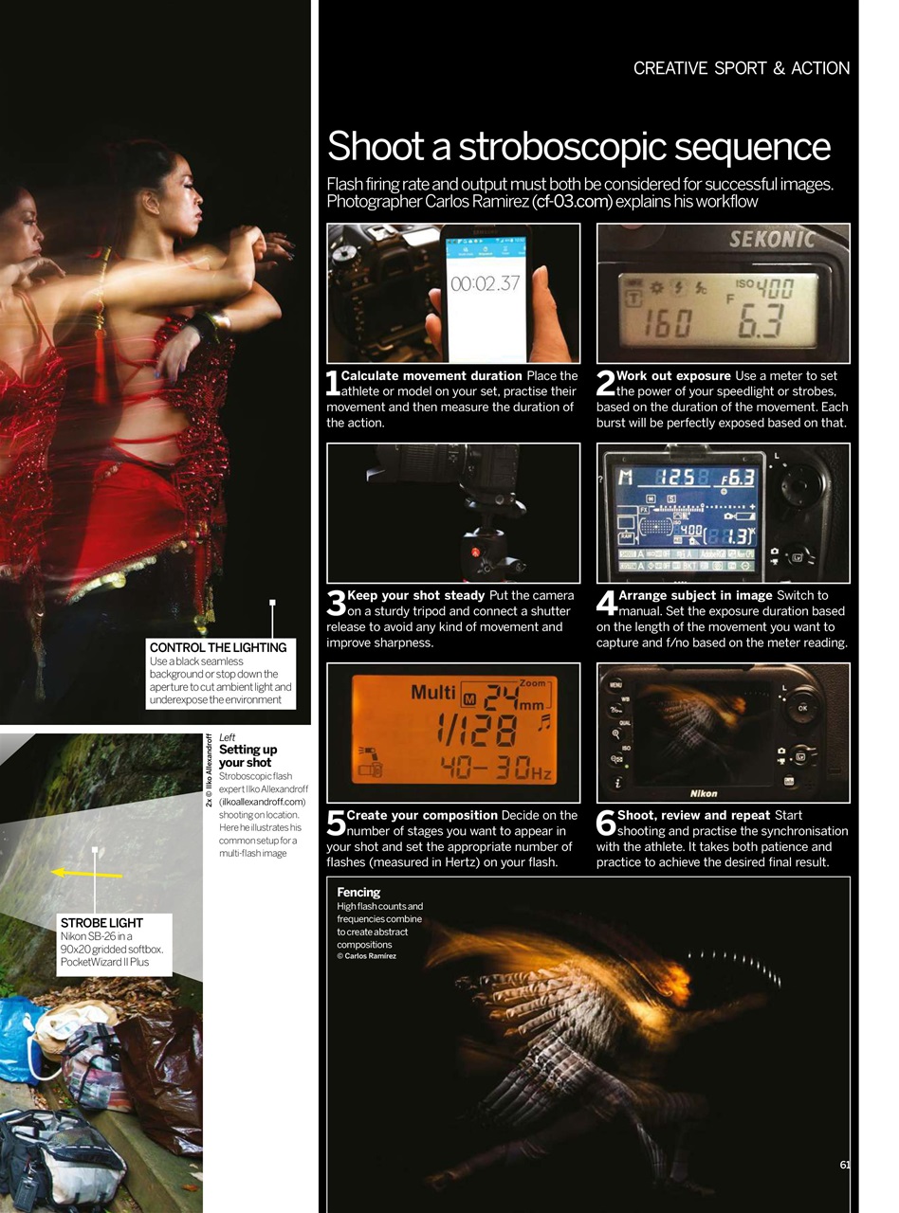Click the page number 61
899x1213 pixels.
click(844, 1165)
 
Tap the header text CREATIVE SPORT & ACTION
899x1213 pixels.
click(741, 68)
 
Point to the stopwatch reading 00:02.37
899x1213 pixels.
click(485, 283)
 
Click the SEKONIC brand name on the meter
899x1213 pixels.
click(772, 240)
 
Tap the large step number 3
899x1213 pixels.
click(335, 603)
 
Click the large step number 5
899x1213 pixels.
click(335, 823)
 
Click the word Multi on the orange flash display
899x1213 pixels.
click(432, 692)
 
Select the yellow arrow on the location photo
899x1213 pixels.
click(86, 873)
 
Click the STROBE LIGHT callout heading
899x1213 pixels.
click(101, 922)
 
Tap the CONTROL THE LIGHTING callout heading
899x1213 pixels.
click(218, 647)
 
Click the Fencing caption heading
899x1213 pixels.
click(358, 892)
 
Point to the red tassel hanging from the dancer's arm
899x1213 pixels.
click(100, 360)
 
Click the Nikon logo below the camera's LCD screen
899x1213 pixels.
click(703, 793)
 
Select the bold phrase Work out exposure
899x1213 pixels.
click(673, 376)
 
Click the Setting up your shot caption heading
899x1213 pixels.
click(248, 755)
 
